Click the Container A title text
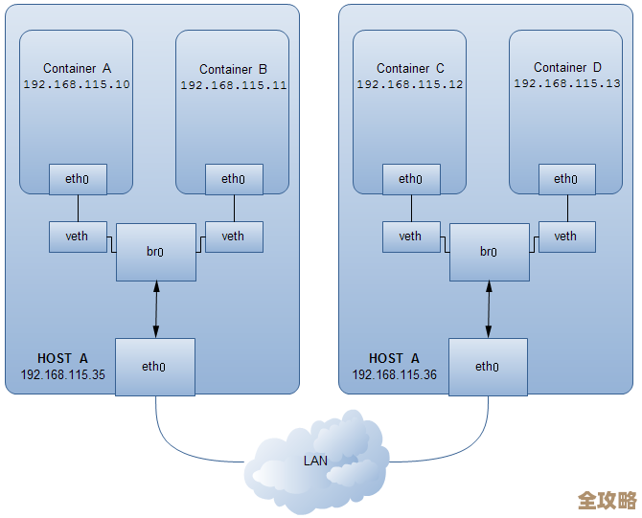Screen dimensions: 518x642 (x=78, y=68)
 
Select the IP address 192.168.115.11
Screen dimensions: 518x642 (x=234, y=85)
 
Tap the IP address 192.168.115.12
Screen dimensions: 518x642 (x=410, y=84)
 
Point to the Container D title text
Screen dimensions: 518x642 (x=567, y=67)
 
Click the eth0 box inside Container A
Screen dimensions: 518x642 (x=78, y=178)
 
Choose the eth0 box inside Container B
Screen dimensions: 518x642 (x=233, y=179)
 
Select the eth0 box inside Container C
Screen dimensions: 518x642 (x=410, y=179)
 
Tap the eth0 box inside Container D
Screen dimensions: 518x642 (x=565, y=179)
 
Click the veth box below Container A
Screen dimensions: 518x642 (x=78, y=236)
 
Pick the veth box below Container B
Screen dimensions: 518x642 (x=233, y=236)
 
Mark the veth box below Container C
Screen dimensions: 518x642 (x=410, y=236)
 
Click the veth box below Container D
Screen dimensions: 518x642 (x=565, y=236)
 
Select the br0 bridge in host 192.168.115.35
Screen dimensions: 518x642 (x=155, y=252)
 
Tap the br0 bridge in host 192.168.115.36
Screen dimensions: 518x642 (x=489, y=252)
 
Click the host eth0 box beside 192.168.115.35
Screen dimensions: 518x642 (x=154, y=366)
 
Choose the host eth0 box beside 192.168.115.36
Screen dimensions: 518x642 (x=487, y=366)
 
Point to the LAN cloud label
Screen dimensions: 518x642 (x=315, y=461)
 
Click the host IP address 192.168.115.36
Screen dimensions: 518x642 (x=394, y=374)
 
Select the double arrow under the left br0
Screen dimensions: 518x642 (x=155, y=309)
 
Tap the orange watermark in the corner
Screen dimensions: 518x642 (x=608, y=501)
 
